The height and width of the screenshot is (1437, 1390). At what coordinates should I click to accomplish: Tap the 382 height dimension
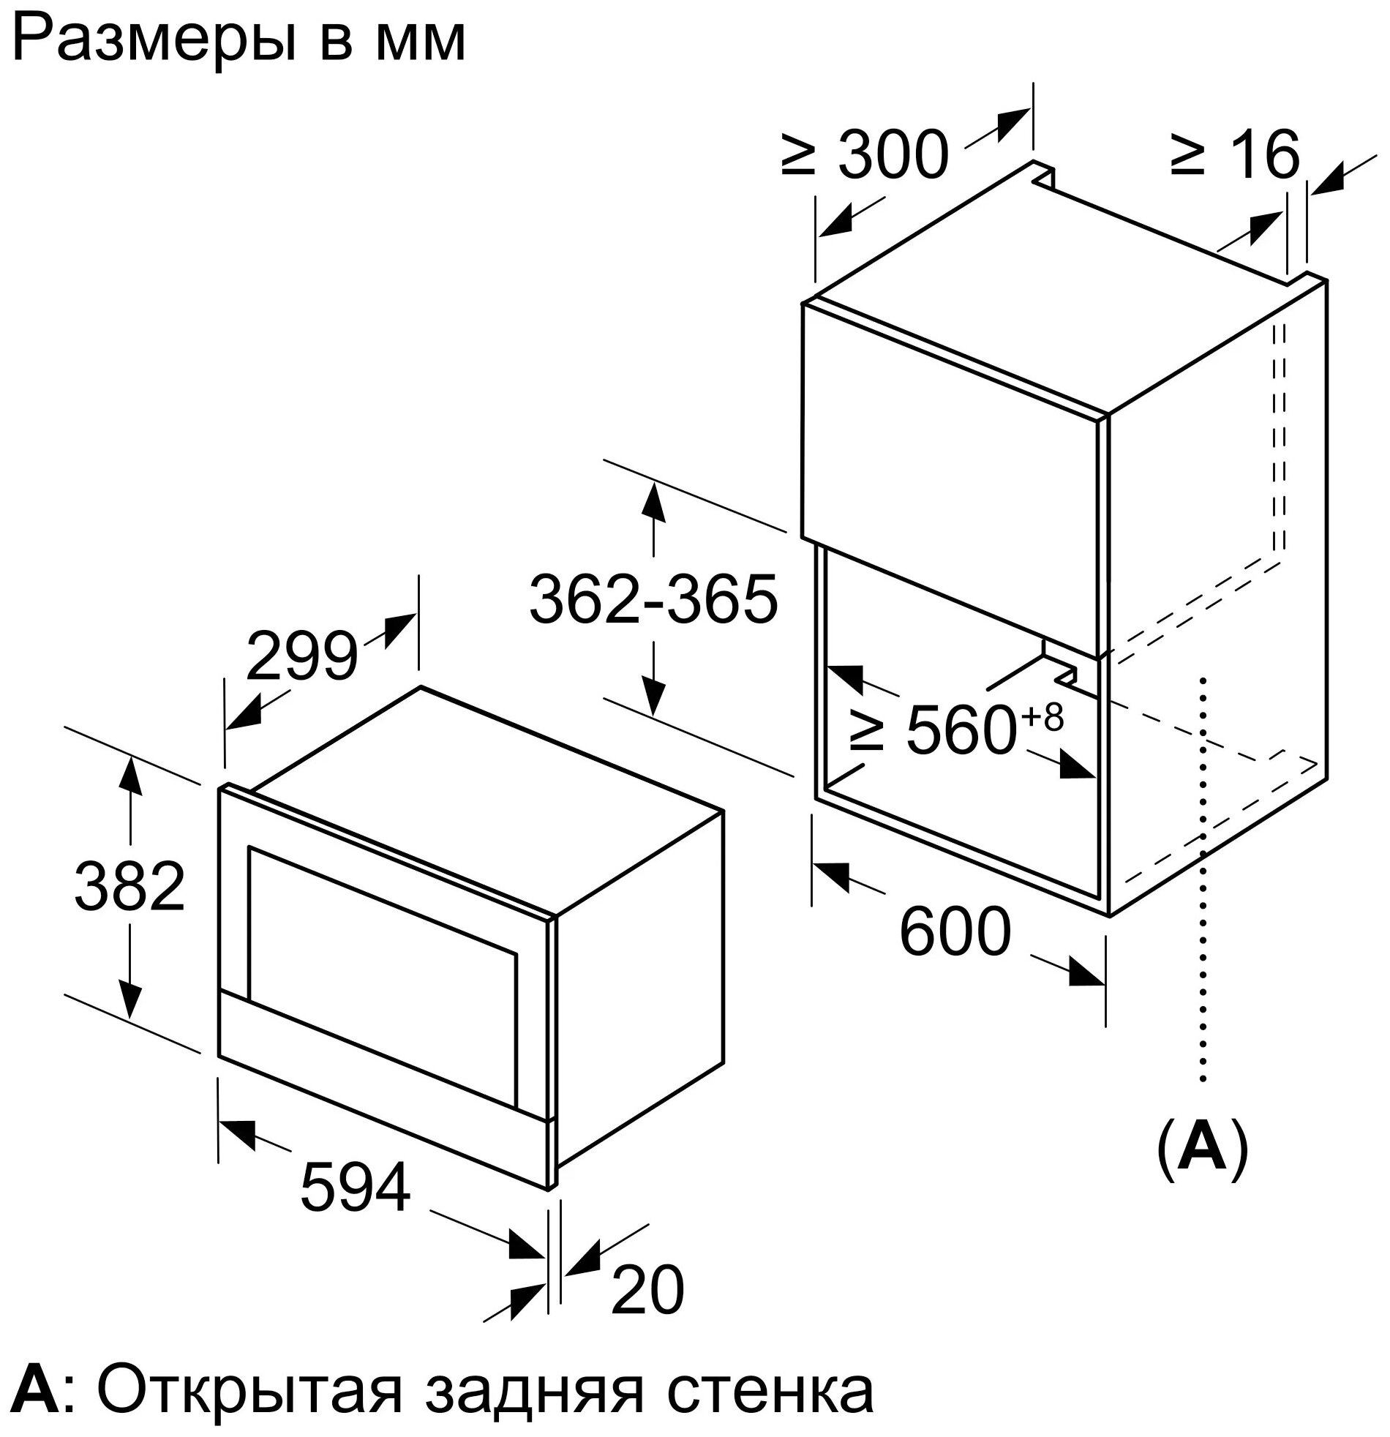point(129,886)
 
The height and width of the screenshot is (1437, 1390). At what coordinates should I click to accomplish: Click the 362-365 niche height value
point(653,599)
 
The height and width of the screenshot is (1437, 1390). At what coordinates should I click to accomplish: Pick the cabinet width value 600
point(955,932)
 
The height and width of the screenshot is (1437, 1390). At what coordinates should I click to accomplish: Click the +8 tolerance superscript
point(1042,717)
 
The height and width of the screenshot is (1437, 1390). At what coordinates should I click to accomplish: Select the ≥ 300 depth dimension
point(865,155)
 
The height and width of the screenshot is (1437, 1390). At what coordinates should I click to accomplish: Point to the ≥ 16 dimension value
point(1236,155)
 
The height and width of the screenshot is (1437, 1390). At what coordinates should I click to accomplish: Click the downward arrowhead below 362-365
point(653,696)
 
